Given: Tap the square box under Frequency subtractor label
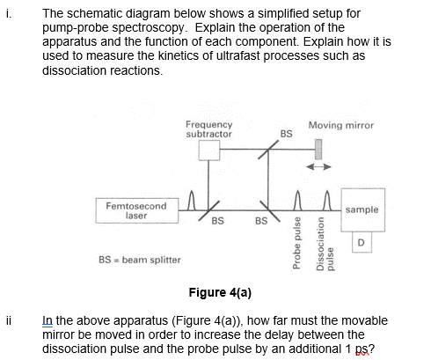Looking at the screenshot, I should [209, 151].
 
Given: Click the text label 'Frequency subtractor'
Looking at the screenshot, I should [209, 129].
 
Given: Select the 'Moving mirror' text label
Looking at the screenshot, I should [341, 126].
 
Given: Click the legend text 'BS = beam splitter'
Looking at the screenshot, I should [135, 261].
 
